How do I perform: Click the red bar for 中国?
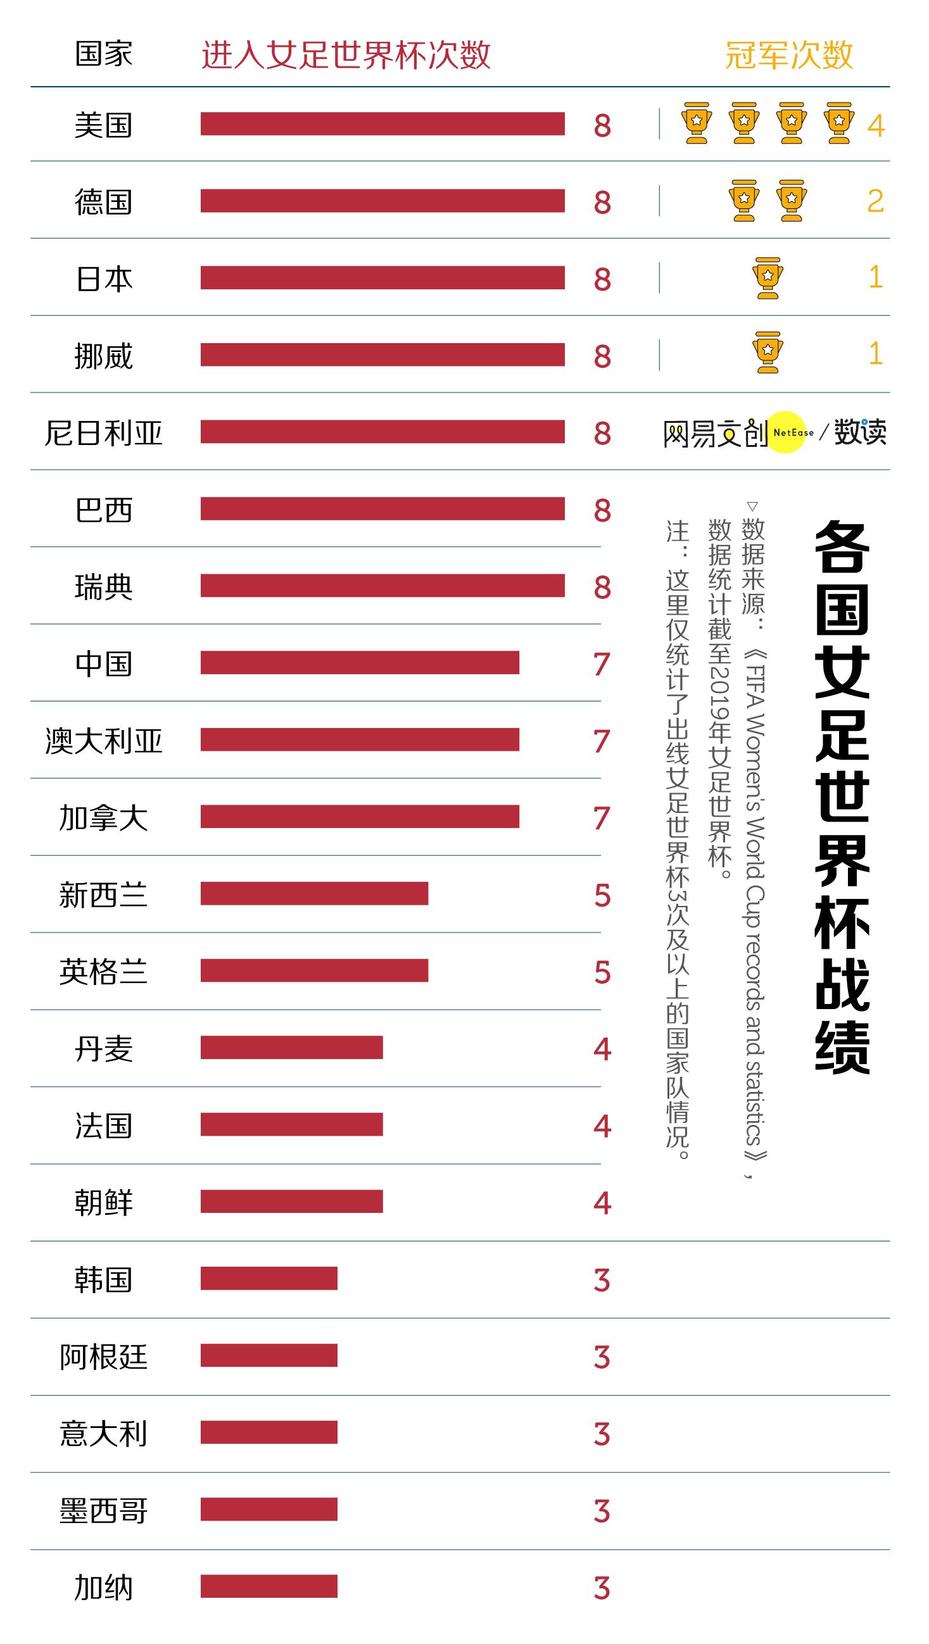pos(360,662)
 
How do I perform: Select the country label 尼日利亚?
pos(103,434)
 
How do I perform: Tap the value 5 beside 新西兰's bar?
pos(602,894)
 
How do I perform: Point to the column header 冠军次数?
pos(789,55)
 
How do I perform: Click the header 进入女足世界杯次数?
pos(346,55)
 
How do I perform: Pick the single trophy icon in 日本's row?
pos(768,278)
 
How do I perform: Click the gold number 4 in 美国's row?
pos(875,126)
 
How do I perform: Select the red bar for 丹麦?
pos(291,1047)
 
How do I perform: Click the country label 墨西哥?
pos(103,1510)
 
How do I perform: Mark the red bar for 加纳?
pos(269,1586)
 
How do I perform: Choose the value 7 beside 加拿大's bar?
pos(602,818)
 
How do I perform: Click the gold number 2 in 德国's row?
pos(875,202)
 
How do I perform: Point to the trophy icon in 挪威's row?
pos(768,352)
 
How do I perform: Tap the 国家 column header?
pos(103,54)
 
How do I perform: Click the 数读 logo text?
pos(860,433)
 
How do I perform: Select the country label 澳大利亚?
pos(103,741)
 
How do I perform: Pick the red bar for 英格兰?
pos(314,970)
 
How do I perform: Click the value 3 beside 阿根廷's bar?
pos(602,1357)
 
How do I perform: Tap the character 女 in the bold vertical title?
pos(842,672)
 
